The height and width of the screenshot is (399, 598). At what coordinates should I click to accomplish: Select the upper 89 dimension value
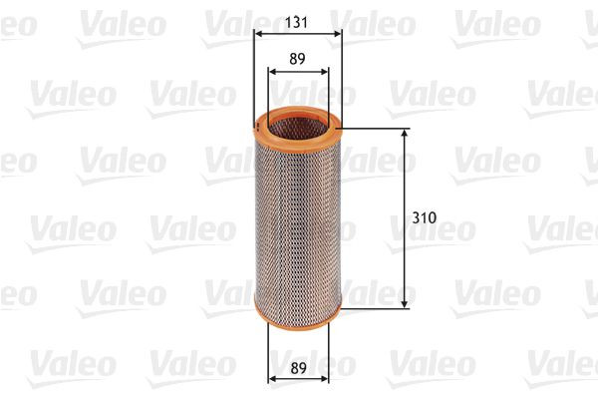(298, 58)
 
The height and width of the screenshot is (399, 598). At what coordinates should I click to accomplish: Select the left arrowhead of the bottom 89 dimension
(273, 380)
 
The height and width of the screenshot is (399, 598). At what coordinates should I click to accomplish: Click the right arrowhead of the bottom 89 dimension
(324, 380)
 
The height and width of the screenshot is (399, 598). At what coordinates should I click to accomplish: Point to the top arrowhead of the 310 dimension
(405, 133)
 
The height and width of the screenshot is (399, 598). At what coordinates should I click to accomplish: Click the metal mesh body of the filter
(298, 219)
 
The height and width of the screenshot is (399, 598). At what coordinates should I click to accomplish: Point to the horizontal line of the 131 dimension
(298, 33)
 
